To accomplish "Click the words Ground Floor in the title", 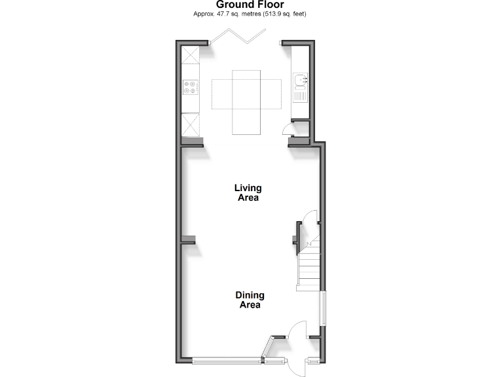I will [x=251, y=5].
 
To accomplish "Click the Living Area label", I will [x=247, y=193].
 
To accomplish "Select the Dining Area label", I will [x=249, y=300].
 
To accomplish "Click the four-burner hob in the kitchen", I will [x=191, y=87].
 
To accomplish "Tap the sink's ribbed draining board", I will [x=300, y=96].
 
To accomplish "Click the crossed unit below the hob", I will [x=191, y=123].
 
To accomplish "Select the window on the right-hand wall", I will [x=322, y=308].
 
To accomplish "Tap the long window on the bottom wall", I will [x=227, y=360].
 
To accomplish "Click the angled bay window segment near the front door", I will [x=267, y=348].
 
